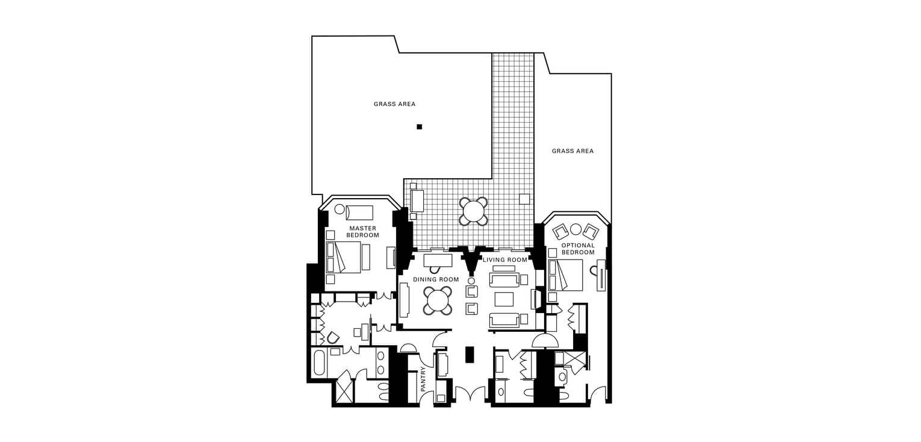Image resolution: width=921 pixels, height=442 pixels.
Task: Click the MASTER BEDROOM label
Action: pos(362,232)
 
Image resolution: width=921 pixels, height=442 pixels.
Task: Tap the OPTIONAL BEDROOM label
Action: pos(578,249)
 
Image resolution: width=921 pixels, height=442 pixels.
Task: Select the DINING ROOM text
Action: pos(436,279)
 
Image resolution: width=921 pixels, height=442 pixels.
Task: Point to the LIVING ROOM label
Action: pos(505,260)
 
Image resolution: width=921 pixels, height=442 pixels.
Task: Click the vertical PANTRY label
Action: pos(424,379)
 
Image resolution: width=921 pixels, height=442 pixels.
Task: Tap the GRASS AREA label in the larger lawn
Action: pos(394,104)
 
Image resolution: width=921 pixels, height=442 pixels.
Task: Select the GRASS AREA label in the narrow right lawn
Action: pos(572,151)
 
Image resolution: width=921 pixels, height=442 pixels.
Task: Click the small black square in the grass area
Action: pos(420,126)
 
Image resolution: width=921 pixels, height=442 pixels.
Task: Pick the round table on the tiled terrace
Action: pos(474,211)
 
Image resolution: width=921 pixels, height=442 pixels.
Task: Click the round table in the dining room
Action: pos(438,300)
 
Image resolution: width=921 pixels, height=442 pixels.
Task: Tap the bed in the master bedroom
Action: pos(343,257)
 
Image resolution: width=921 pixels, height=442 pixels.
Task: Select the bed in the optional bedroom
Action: pos(566,275)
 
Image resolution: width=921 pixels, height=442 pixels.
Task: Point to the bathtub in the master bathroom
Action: pos(320,363)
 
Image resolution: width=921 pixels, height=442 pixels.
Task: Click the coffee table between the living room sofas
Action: pos(504,299)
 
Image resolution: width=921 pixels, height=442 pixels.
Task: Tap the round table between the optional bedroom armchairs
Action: pos(576,229)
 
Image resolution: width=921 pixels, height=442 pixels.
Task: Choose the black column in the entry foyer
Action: pos(469,355)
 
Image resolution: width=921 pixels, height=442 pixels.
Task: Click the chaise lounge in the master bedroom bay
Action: pos(359,213)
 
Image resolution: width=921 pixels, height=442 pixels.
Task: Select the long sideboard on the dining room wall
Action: pos(404,300)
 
